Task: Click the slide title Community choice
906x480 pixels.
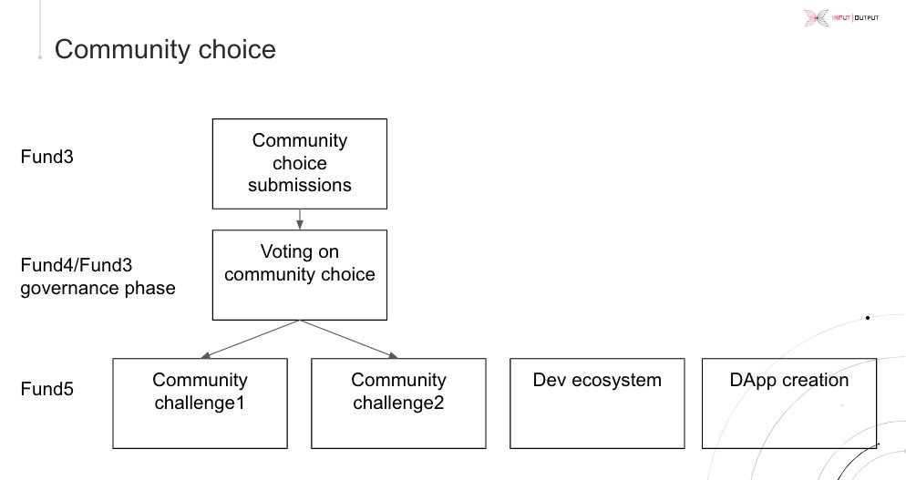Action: point(165,48)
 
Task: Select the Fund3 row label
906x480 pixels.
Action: point(46,157)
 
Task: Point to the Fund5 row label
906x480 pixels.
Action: point(46,389)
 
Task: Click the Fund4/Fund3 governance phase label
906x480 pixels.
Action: point(98,277)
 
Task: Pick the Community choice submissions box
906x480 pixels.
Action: point(300,164)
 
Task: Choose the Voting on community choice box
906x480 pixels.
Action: point(300,274)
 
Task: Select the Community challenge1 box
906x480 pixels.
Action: point(200,403)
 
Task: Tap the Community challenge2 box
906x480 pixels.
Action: point(398,403)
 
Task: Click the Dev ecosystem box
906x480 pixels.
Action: point(597,403)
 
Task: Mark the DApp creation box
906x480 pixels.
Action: point(789,403)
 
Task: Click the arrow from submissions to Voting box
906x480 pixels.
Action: point(300,219)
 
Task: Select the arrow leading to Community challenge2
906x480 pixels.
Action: point(351,339)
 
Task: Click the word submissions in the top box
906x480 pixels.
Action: point(300,185)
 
